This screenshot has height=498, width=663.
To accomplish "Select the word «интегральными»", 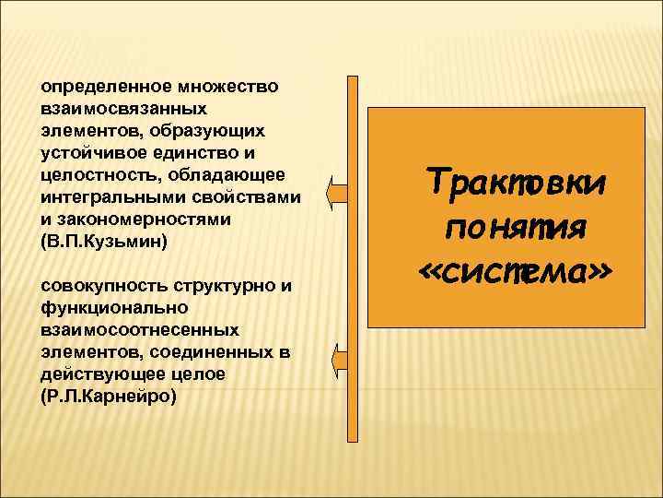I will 103,196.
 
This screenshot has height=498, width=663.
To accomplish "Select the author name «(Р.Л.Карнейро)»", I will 108,396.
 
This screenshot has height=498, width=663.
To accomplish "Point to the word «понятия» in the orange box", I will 516,226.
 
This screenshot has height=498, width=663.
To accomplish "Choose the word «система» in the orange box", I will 516,269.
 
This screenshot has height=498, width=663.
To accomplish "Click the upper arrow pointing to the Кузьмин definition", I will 338,194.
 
